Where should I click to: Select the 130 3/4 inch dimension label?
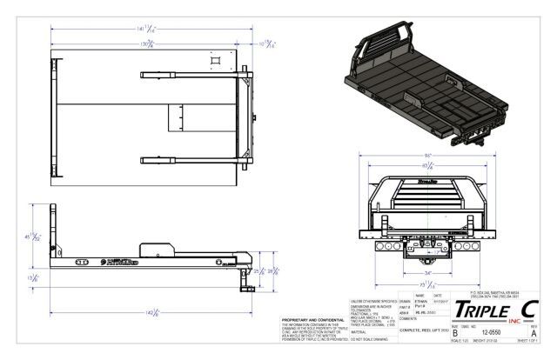[x=151, y=42]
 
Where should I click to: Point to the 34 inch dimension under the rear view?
[x=426, y=271]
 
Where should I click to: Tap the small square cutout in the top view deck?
[x=214, y=62]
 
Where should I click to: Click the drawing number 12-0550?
[x=492, y=331]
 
